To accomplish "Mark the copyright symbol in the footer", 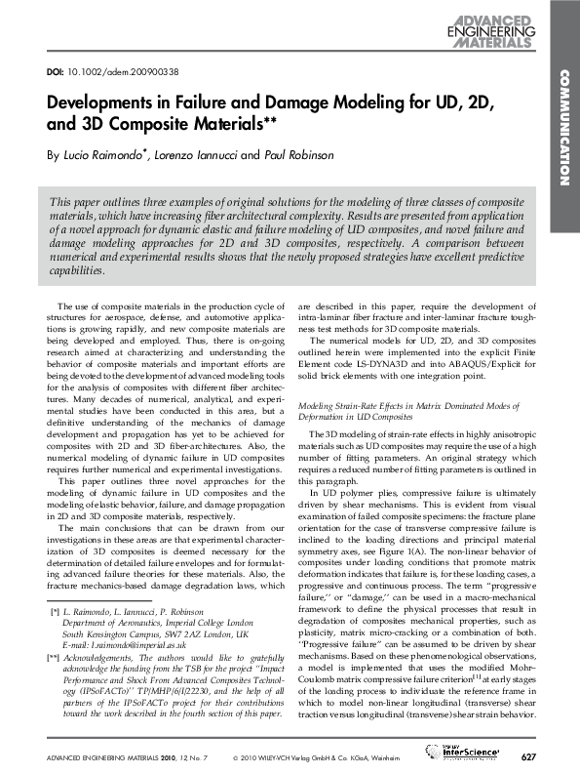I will point(236,756).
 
